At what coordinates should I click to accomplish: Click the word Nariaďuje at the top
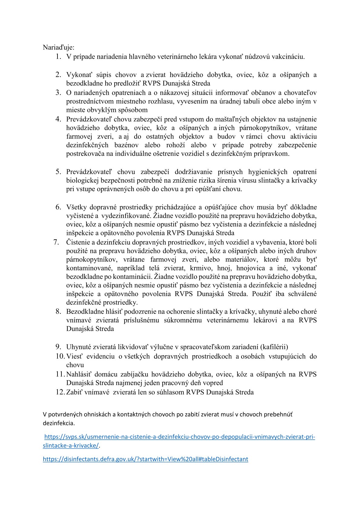tap(58, 47)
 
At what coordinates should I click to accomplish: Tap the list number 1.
tap(58, 57)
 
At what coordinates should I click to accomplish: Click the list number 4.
tap(58, 119)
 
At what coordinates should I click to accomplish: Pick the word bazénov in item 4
tap(126, 145)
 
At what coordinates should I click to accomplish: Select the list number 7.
tap(56, 242)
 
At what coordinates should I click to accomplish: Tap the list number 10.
tap(60, 356)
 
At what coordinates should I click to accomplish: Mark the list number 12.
tap(60, 392)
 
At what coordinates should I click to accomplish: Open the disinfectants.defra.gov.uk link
tap(146, 459)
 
